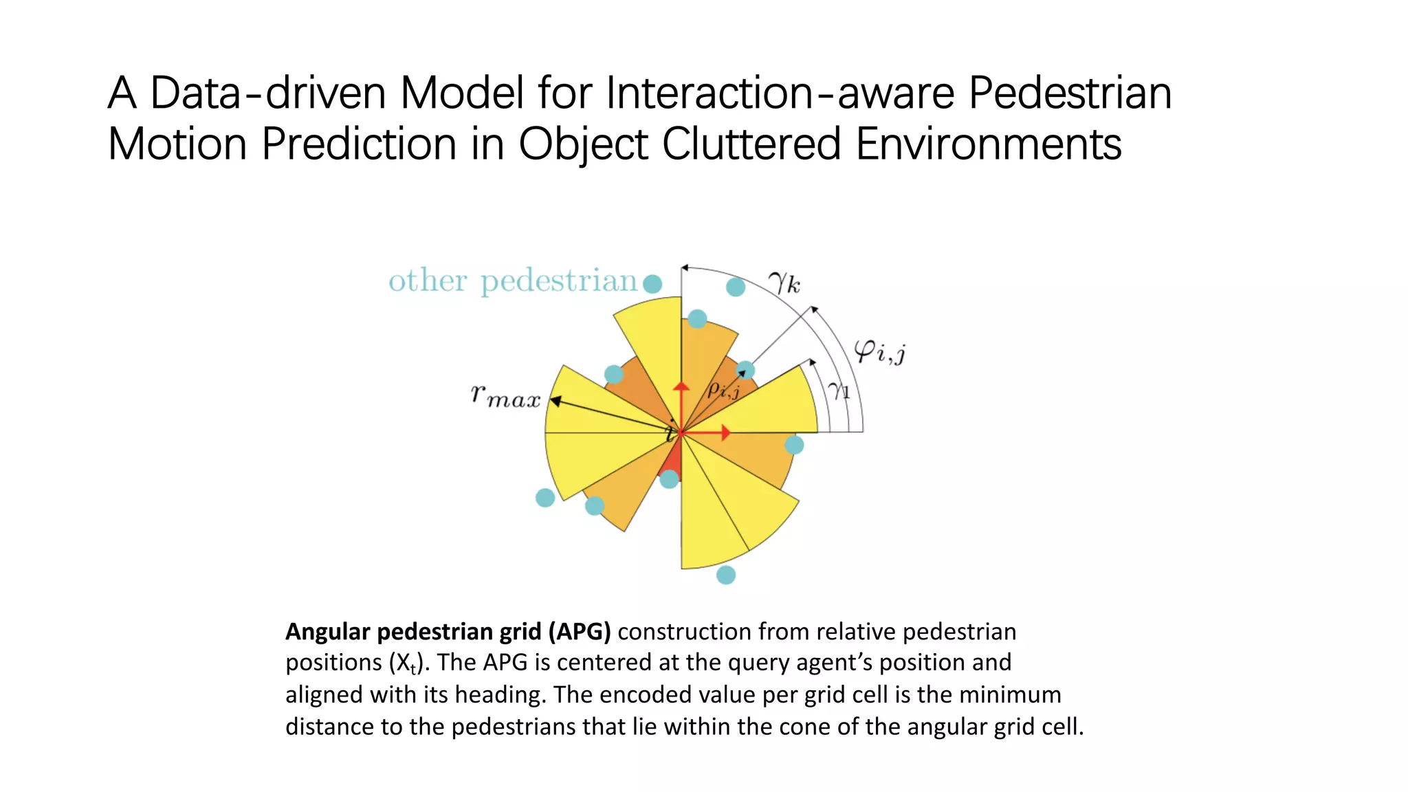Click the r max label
click(x=505, y=396)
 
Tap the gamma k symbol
click(x=784, y=282)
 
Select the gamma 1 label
click(x=839, y=390)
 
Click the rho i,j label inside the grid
click(x=723, y=390)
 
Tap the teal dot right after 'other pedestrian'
click(x=652, y=283)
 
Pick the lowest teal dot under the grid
click(x=726, y=575)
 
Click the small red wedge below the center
click(x=673, y=461)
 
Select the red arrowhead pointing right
click(x=725, y=432)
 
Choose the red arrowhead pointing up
click(x=681, y=387)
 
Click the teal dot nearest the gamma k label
click(x=736, y=287)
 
